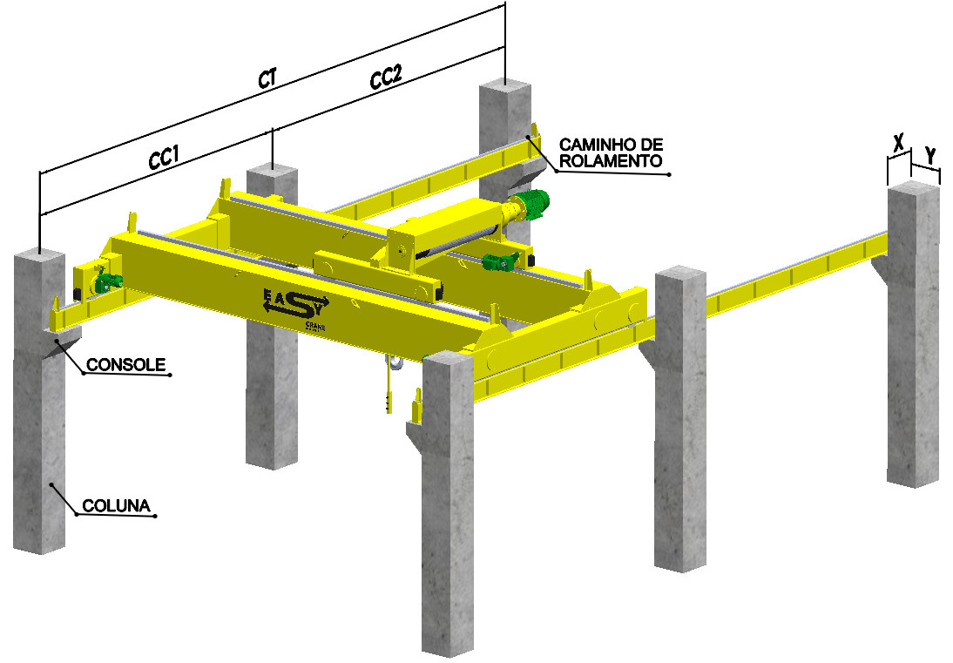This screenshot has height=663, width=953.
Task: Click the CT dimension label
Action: (x=267, y=78)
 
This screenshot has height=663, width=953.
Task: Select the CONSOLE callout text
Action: (x=125, y=365)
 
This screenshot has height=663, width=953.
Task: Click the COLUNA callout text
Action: (x=117, y=505)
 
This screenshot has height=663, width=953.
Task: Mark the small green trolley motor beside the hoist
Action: (x=503, y=260)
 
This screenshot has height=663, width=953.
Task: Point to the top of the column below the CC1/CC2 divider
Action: (x=273, y=172)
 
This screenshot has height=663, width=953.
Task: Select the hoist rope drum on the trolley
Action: (x=453, y=242)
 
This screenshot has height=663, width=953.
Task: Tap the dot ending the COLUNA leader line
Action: (x=155, y=517)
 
